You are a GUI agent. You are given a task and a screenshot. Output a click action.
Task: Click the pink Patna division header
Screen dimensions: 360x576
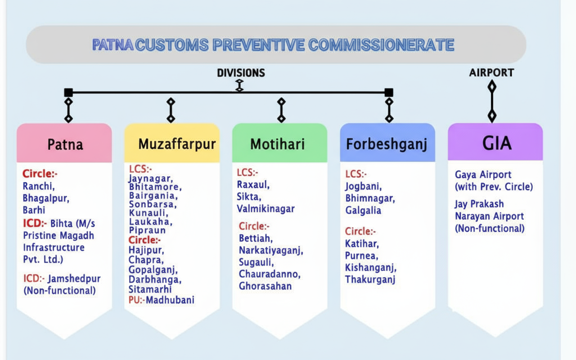click(64, 143)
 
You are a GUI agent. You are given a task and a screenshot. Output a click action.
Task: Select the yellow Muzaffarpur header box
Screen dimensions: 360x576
click(172, 143)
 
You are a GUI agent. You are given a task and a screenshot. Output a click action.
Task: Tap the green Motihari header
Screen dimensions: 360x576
click(279, 143)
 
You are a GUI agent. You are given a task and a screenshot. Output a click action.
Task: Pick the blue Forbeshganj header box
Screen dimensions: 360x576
click(387, 143)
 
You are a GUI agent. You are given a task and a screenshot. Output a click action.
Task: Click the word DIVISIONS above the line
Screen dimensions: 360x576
click(241, 73)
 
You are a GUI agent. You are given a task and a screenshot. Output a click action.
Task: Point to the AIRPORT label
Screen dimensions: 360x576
click(491, 72)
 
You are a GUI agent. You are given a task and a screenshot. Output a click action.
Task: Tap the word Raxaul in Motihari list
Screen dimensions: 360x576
click(253, 184)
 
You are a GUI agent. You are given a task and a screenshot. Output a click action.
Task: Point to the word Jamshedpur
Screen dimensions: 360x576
click(74, 279)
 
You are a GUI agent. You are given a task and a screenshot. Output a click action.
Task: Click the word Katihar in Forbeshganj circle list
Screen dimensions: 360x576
click(362, 244)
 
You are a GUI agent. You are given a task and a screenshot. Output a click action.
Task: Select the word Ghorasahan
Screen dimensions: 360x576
click(265, 286)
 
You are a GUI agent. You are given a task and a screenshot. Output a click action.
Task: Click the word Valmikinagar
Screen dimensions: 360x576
click(265, 208)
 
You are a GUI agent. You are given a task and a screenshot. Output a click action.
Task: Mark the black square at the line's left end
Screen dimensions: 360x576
click(68, 93)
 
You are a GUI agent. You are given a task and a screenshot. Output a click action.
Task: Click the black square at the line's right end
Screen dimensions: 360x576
click(389, 93)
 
